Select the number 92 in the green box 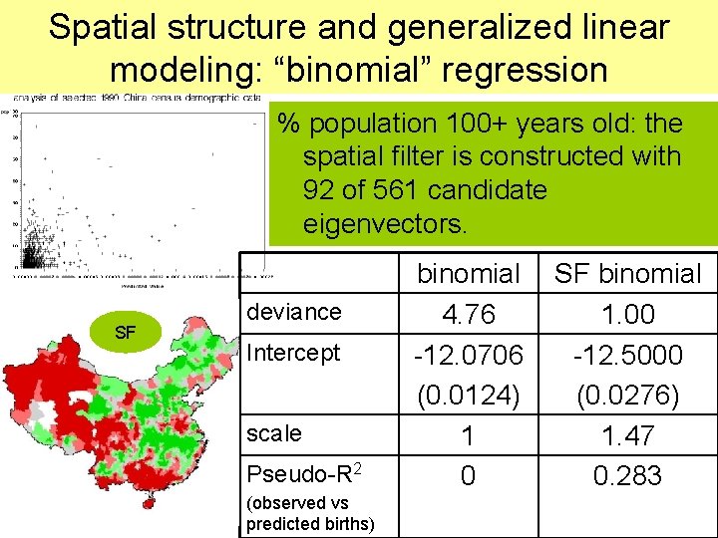pos(322,189)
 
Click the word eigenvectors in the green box pos(384,223)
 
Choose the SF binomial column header pos(628,273)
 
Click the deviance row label pos(293,312)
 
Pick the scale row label pos(273,433)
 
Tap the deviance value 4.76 pos(468,315)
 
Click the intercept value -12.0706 pos(468,356)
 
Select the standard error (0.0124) pos(468,396)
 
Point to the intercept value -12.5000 pos(627,356)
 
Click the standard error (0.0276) pos(627,396)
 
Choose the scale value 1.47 pos(627,435)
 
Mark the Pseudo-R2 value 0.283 pos(627,476)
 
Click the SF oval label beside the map pos(125,332)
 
